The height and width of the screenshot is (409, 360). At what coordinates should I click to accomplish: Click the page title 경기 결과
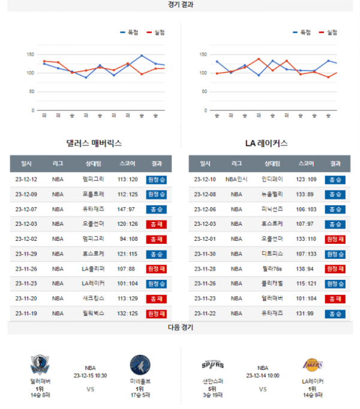pos(181,4)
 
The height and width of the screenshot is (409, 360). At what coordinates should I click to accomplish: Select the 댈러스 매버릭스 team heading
pos(94,144)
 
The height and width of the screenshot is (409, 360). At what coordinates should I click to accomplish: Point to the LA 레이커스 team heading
pos(266,144)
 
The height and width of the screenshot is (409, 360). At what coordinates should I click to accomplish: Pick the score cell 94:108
pos(128,238)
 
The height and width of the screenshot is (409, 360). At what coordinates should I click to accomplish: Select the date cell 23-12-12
pos(26,179)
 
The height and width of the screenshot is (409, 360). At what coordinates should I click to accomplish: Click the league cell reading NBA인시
pos(236,179)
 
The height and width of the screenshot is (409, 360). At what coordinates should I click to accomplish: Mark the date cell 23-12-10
pos(205,179)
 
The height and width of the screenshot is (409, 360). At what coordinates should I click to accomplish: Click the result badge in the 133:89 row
pos(335,194)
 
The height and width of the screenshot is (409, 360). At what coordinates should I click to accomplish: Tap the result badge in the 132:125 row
pos(157,313)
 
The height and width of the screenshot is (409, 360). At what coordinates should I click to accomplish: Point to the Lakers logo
pos(312,364)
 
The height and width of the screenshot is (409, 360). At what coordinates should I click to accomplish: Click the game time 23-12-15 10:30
pos(90,375)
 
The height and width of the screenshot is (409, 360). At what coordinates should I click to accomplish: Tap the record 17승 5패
pos(140,395)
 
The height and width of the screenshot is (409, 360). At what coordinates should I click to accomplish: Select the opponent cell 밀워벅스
pos(94,313)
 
